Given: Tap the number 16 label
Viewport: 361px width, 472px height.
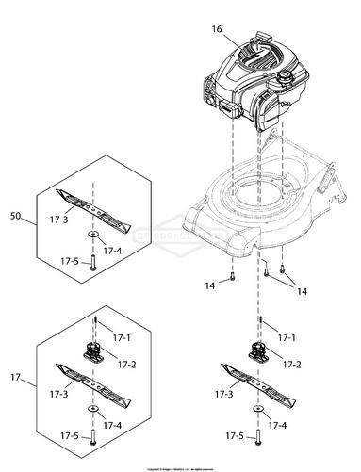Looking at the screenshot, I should pos(217,30).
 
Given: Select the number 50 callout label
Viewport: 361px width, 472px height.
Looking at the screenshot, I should pos(15,218).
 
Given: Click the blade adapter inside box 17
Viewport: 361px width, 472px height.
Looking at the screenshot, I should pos(94,352).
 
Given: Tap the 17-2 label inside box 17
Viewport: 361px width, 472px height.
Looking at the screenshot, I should pos(125,363).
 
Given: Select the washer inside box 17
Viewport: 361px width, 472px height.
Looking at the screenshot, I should pos(94,410).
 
